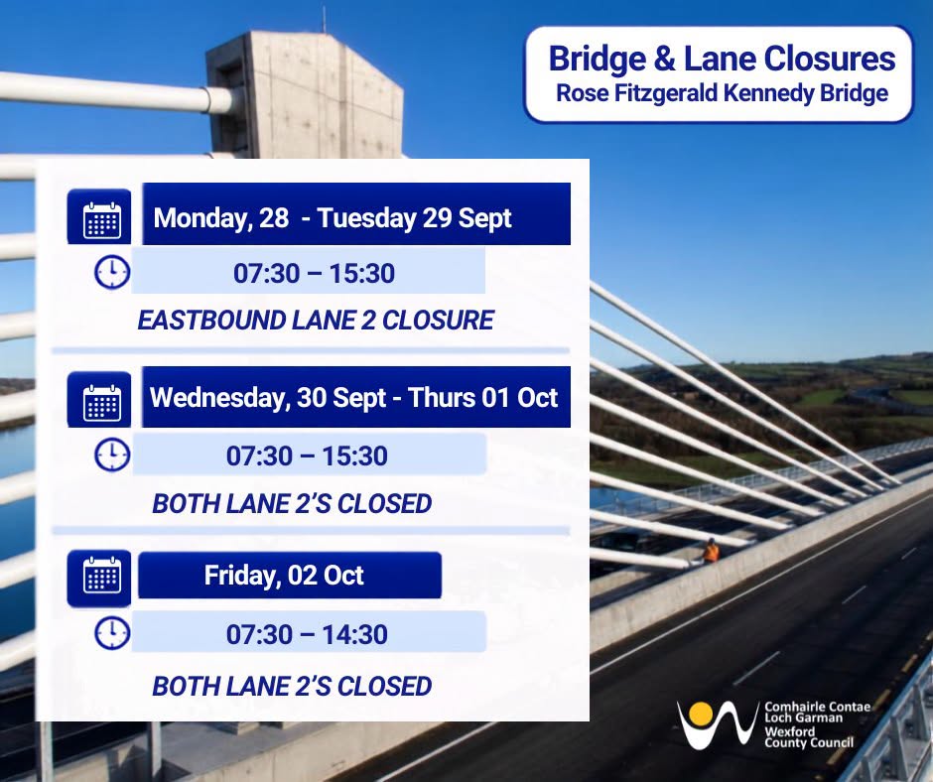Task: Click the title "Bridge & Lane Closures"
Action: [x=722, y=59]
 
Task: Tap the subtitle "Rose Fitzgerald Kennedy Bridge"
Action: [x=722, y=93]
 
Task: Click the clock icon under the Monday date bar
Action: [x=112, y=273]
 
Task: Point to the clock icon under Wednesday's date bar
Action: [x=112, y=456]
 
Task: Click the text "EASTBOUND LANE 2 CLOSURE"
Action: [x=316, y=321]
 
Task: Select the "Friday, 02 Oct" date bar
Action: [x=290, y=575]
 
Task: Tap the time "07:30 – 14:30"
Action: [x=307, y=634]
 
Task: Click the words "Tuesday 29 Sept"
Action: [x=414, y=218]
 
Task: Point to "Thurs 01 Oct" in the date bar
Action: [x=483, y=398]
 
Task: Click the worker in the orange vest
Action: [x=711, y=551]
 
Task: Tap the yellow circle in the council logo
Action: [x=701, y=714]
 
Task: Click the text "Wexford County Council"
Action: [x=809, y=736]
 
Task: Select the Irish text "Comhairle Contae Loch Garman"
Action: [x=817, y=712]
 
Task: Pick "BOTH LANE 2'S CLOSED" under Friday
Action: [x=292, y=686]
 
